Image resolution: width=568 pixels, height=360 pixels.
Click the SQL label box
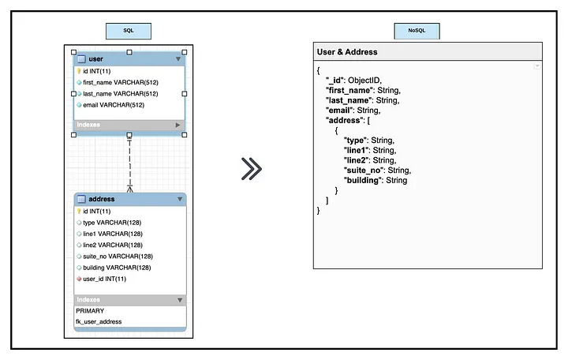point(129,31)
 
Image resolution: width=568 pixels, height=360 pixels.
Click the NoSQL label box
point(417,31)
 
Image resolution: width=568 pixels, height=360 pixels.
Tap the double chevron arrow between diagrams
point(252,169)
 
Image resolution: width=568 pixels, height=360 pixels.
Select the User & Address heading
point(347,52)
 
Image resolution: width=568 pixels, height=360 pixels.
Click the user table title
point(95,58)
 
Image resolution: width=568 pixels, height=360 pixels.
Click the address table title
point(102,199)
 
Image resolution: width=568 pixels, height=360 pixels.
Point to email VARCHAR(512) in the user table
point(114,105)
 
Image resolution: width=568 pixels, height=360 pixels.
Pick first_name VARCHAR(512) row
point(121,82)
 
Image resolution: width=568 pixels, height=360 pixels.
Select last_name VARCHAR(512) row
point(120,93)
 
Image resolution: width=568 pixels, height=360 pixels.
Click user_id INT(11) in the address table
point(104,279)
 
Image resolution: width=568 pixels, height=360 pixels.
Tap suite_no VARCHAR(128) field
point(118,257)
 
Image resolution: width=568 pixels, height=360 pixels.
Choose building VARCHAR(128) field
point(117,268)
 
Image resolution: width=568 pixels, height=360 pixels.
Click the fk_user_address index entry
point(99,321)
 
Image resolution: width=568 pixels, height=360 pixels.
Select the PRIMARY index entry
point(90,311)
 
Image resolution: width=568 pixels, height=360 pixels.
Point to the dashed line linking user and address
point(129,163)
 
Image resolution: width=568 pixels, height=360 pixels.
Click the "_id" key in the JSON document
point(334,80)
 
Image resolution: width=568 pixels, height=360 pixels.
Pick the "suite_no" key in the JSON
point(364,171)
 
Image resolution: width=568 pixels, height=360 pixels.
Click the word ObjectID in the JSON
point(364,80)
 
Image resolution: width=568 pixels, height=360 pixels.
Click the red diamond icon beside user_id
point(79,279)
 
